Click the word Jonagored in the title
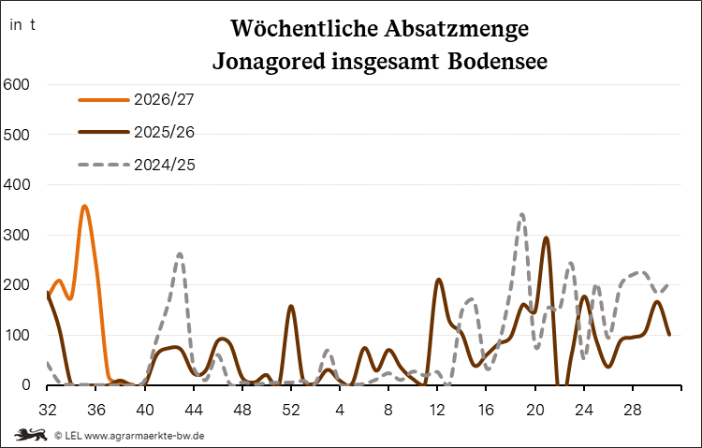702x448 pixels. [269, 62]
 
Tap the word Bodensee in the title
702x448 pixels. [497, 61]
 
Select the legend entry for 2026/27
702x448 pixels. [137, 99]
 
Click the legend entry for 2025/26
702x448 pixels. [137, 132]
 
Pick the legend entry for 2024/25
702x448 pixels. [137, 165]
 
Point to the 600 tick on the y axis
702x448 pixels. [16, 84]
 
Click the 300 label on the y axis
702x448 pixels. [16, 235]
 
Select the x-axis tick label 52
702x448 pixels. [291, 410]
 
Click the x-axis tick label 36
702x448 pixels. [95, 410]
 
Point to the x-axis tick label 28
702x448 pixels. [632, 410]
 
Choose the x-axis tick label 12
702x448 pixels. [437, 410]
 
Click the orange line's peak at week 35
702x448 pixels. [84, 207]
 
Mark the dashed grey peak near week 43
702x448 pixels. [180, 253]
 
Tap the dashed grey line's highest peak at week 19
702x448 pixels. [522, 215]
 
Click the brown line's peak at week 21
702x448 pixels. [546, 238]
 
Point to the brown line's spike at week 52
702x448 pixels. [291, 307]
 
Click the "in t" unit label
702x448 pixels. [22, 25]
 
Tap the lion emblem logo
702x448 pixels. [31, 434]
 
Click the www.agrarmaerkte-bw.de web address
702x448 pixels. [144, 435]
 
